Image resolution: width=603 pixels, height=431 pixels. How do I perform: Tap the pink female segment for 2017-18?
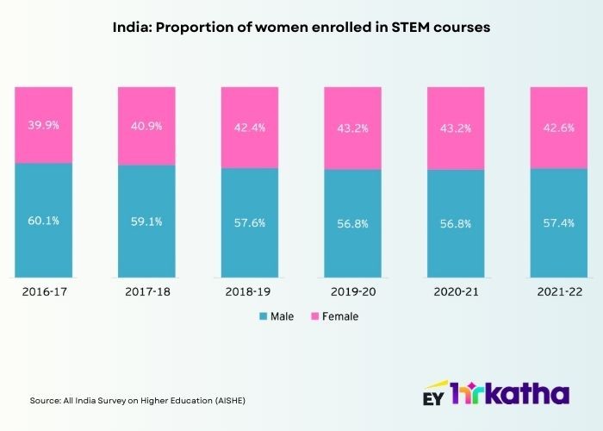pyautogui.click(x=146, y=125)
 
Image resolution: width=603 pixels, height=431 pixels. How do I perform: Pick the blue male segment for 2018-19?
pyautogui.click(x=250, y=222)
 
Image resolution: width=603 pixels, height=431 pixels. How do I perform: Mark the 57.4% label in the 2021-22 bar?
pyautogui.click(x=557, y=222)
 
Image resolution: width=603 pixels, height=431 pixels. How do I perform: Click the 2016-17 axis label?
pyautogui.click(x=44, y=293)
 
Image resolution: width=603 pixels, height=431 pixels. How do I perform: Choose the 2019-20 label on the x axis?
pyautogui.click(x=352, y=293)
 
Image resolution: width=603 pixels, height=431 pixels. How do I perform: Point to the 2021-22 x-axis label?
pyautogui.click(x=557, y=293)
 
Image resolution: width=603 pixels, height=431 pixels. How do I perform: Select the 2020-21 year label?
pyautogui.click(x=455, y=293)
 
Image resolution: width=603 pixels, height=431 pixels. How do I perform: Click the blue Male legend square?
pyautogui.click(x=262, y=316)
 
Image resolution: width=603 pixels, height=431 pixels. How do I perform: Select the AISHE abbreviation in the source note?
pyautogui.click(x=236, y=401)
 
